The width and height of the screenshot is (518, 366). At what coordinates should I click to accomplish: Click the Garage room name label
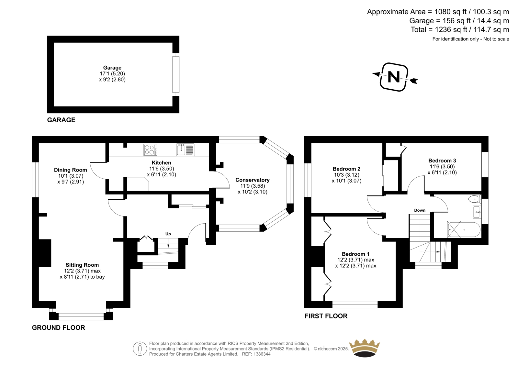pos(112,68)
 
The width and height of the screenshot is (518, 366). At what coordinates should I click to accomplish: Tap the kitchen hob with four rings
pos(150,150)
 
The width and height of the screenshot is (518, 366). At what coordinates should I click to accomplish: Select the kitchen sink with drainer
pos(185,150)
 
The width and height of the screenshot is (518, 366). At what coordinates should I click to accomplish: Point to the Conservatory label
pos(253,180)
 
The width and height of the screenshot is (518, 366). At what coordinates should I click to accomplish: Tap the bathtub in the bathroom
pos(464,229)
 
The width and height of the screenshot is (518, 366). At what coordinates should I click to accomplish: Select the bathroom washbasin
pos(477,212)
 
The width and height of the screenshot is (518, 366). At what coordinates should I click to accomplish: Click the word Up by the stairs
pos(168,234)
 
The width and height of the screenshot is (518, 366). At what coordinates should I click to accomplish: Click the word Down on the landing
pos(420,210)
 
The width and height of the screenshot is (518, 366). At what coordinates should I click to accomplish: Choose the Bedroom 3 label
pos(442,161)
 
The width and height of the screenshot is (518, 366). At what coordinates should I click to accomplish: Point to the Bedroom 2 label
pos(346,169)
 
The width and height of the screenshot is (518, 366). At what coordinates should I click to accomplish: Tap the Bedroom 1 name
pos(356,254)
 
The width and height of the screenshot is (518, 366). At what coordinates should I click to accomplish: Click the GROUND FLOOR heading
pos(59,327)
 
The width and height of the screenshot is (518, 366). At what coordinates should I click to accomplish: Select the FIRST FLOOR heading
pos(326,316)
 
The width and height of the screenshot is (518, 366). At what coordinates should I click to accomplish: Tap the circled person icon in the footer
pos(140,349)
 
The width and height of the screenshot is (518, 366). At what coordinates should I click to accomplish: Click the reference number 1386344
pos(262,354)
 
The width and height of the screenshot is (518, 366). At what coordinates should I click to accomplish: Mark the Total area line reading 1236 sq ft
pos(460,29)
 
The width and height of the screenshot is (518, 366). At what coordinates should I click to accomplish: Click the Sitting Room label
pos(82,265)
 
